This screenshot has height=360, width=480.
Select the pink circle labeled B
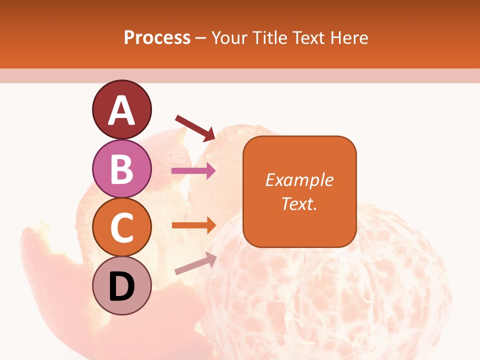(121, 168)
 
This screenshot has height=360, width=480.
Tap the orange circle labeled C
(121, 227)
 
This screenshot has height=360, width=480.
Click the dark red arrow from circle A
(195, 128)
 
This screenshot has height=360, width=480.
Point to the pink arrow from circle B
(193, 171)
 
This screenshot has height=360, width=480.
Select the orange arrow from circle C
(193, 225)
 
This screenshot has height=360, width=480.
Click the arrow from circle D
(195, 263)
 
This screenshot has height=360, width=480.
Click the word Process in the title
(157, 37)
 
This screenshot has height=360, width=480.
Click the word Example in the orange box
(299, 180)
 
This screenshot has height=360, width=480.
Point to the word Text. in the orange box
(299, 203)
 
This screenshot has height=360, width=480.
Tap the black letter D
(121, 287)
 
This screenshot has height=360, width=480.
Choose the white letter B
(121, 168)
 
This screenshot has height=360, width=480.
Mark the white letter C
(121, 227)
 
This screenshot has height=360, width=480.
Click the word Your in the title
(227, 37)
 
